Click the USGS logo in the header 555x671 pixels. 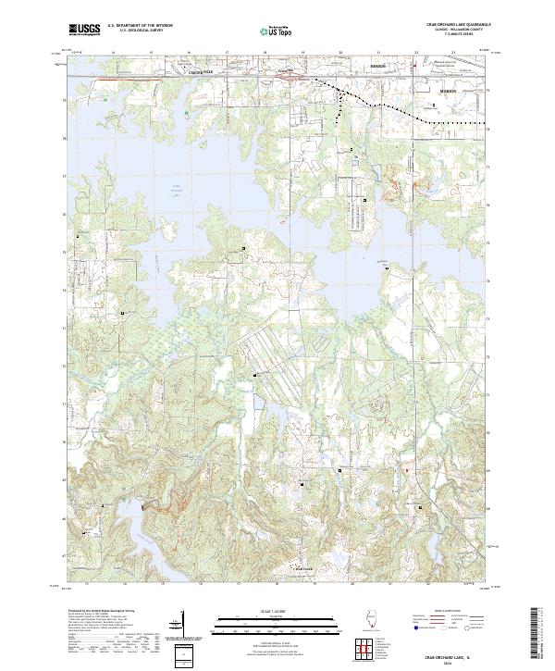point(84,31)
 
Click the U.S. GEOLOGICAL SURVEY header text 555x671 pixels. point(134,31)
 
